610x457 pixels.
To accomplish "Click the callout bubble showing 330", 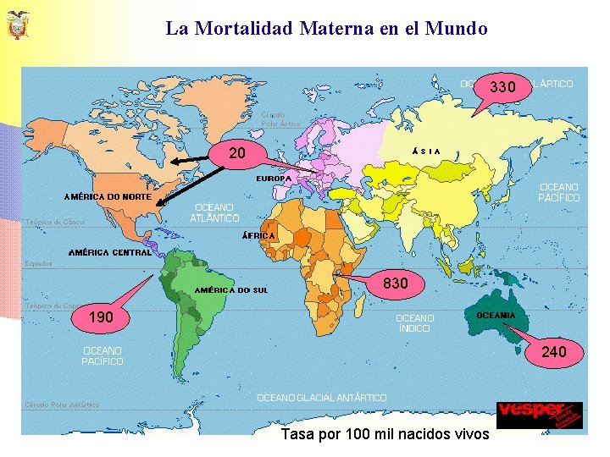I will tap(503, 87).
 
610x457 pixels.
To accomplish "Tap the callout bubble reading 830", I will tap(396, 284).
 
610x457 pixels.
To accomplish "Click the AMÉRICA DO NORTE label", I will tap(108, 197).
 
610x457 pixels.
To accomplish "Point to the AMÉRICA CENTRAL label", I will tap(110, 252).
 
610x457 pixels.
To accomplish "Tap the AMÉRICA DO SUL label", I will tap(231, 290).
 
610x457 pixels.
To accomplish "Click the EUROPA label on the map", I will tap(274, 179).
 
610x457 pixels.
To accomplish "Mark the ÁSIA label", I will tap(425, 151).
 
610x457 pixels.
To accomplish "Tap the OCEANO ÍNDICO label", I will tap(415, 323).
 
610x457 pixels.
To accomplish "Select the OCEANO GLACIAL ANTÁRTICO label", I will tap(322, 397).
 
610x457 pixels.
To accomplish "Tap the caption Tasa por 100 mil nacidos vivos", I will tap(385, 434).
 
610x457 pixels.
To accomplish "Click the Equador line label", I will tap(38, 263).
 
